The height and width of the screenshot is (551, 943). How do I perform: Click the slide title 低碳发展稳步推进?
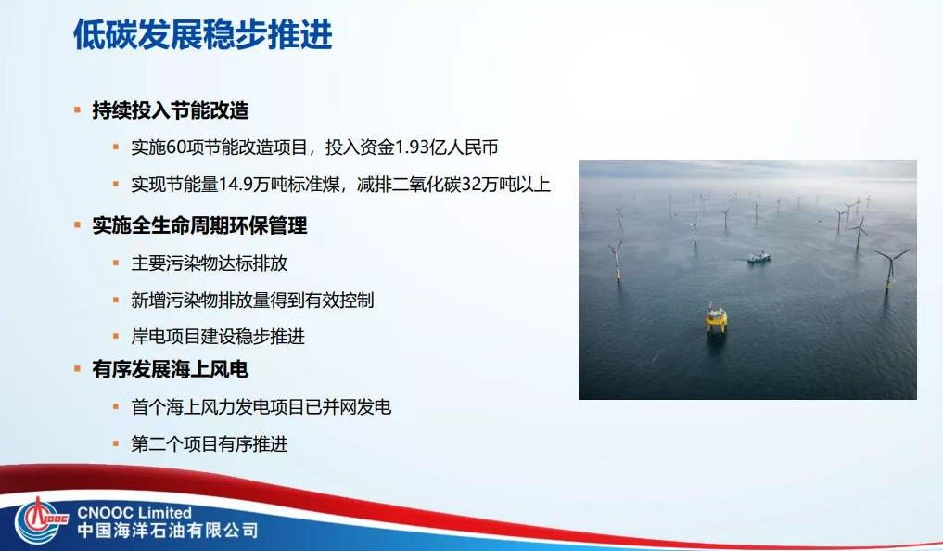[x=202, y=35]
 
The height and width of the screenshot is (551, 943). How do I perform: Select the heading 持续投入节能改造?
[x=171, y=110]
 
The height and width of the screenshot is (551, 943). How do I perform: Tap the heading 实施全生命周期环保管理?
[x=199, y=225]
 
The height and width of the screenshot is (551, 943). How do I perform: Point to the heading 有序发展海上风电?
[x=171, y=370]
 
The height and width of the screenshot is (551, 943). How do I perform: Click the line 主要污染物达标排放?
[x=210, y=263]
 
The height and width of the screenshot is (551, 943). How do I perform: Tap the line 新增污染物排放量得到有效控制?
[x=252, y=301]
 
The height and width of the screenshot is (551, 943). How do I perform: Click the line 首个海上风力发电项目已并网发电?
[x=261, y=407]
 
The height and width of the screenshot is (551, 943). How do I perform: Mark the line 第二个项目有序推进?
[x=210, y=444]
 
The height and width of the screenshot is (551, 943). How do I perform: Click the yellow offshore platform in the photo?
[x=716, y=318]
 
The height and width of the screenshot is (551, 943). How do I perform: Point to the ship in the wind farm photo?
[x=758, y=257]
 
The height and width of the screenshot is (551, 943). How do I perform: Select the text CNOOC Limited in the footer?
[x=135, y=513]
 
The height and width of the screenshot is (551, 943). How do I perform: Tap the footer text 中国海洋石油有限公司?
[x=168, y=532]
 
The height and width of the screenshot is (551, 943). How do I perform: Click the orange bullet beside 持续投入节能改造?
[x=78, y=110]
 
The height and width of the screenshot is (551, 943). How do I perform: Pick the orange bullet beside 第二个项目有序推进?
[x=116, y=444]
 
